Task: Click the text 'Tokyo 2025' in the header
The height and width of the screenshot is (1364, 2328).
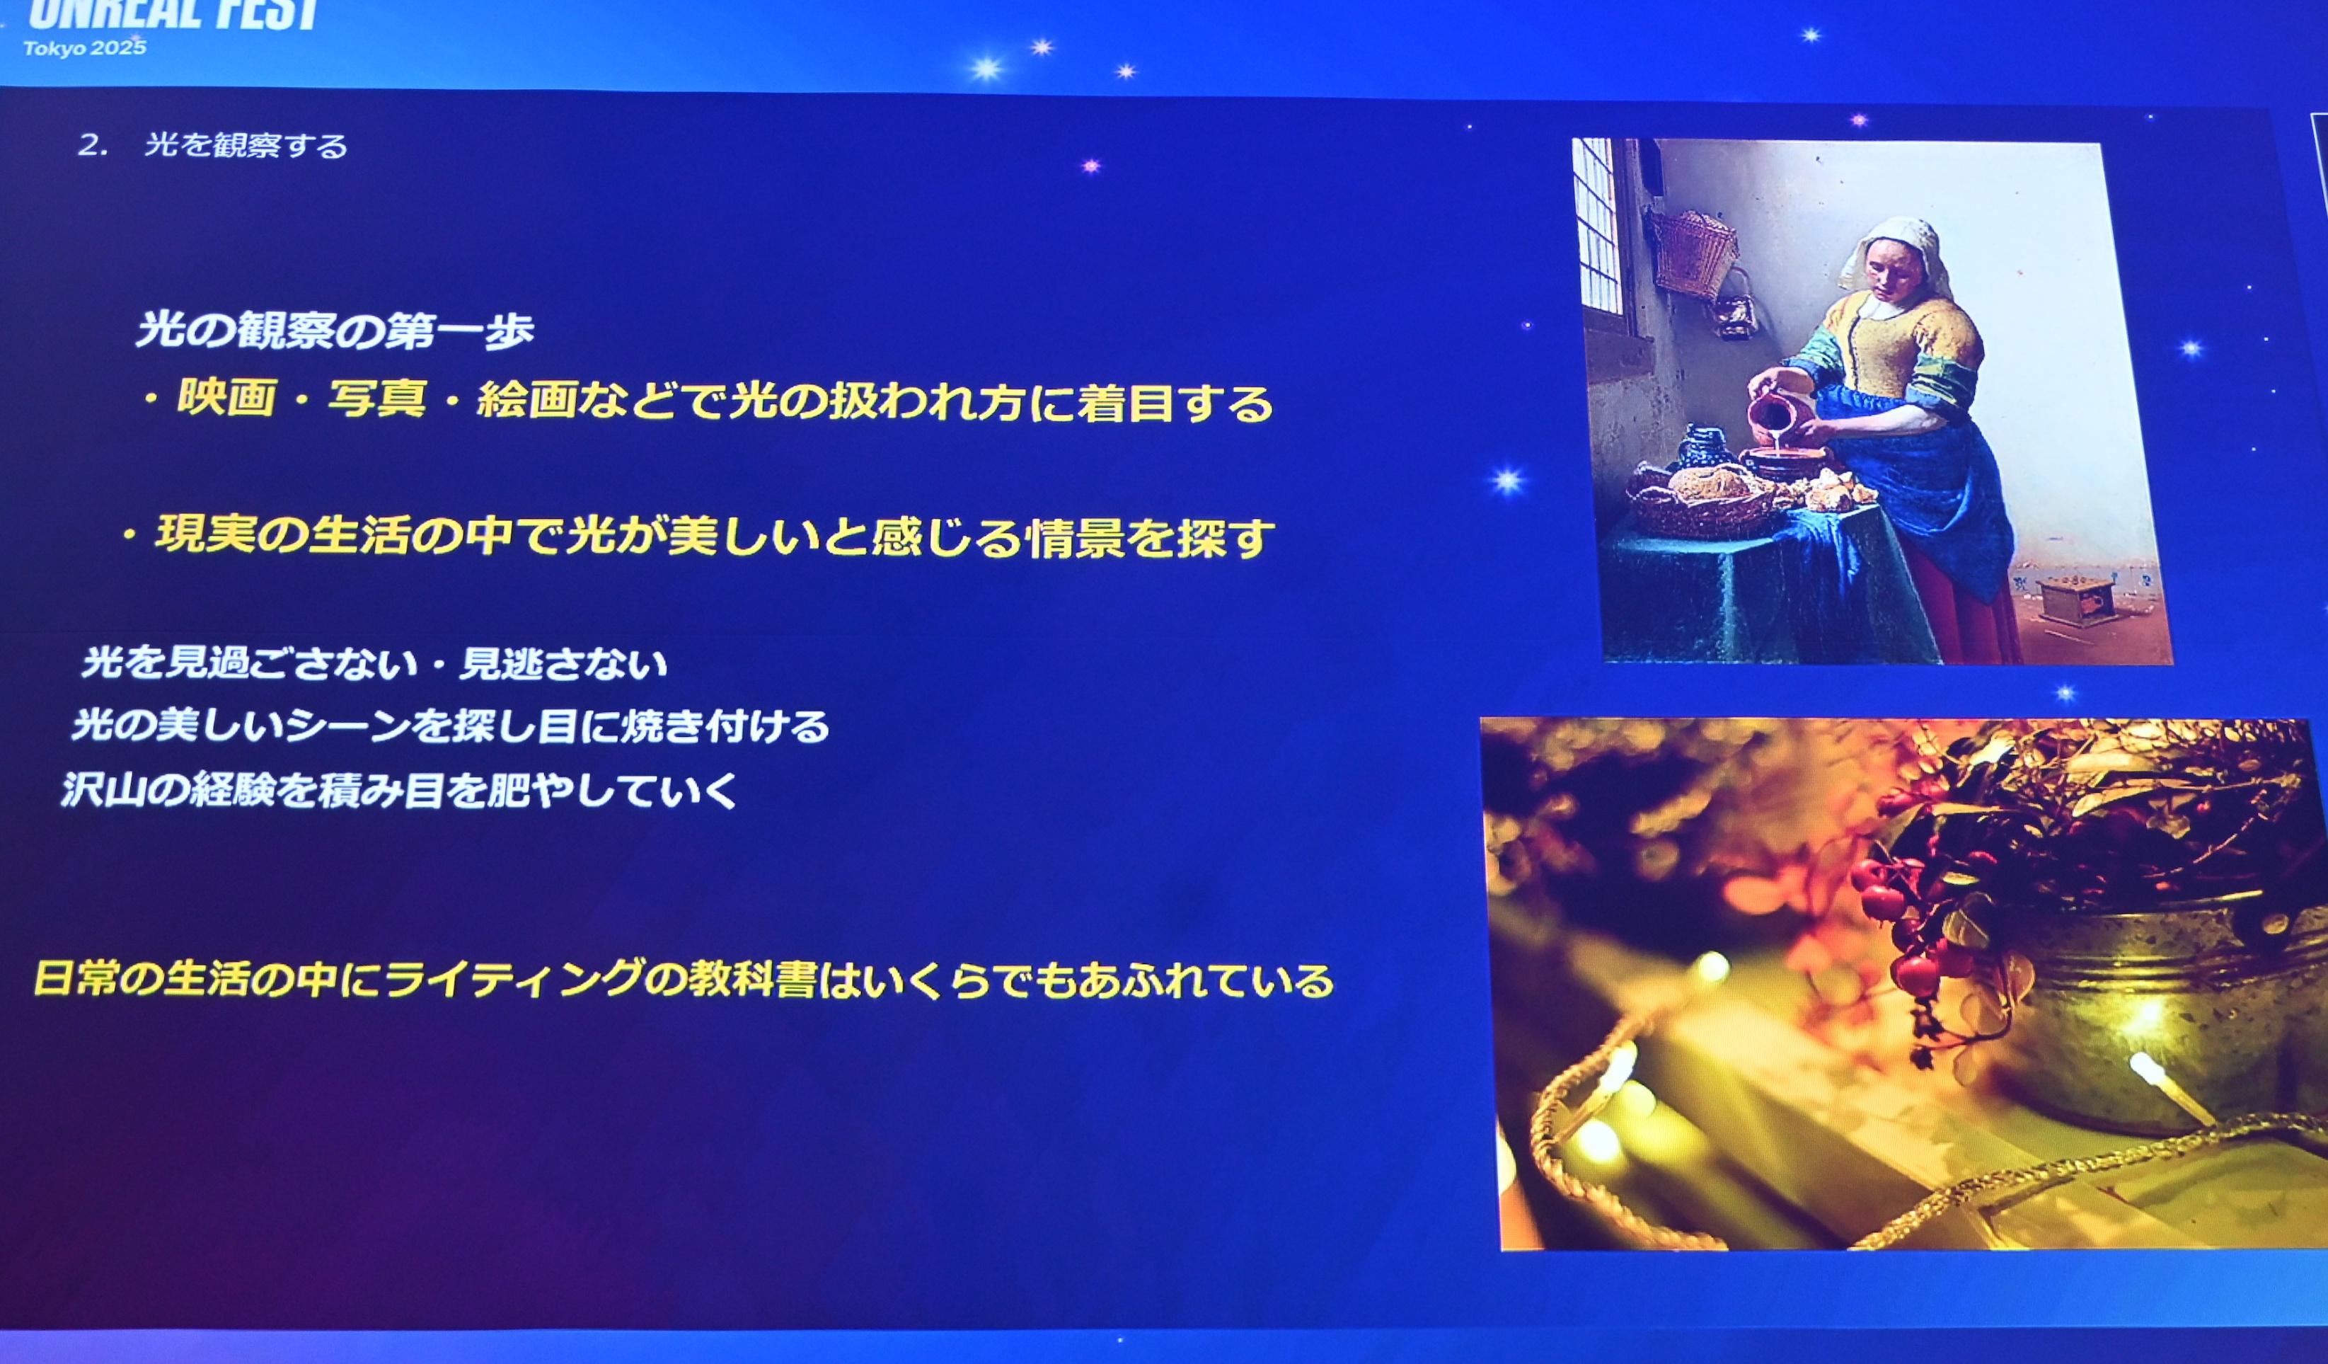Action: (85, 48)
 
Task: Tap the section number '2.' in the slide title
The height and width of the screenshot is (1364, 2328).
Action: (93, 145)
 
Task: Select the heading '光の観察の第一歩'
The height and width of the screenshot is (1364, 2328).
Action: (335, 331)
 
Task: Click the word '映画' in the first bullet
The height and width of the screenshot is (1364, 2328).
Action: (227, 399)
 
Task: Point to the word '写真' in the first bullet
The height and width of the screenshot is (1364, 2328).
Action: (378, 400)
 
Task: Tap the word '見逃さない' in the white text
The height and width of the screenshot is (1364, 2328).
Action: (563, 663)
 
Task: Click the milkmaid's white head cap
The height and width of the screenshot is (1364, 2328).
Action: (1894, 249)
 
